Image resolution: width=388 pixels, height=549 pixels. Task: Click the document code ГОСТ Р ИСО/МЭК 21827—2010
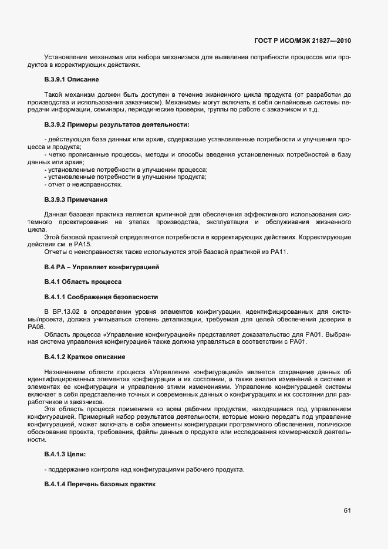307,41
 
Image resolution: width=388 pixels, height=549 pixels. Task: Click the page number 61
347,510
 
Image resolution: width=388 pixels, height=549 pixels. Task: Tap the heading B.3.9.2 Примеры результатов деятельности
117,125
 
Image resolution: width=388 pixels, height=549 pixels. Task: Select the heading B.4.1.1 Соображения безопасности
101,296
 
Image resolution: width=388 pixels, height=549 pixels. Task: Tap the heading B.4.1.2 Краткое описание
84,357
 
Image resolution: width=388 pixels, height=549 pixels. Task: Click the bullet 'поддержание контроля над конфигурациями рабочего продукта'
144,470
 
